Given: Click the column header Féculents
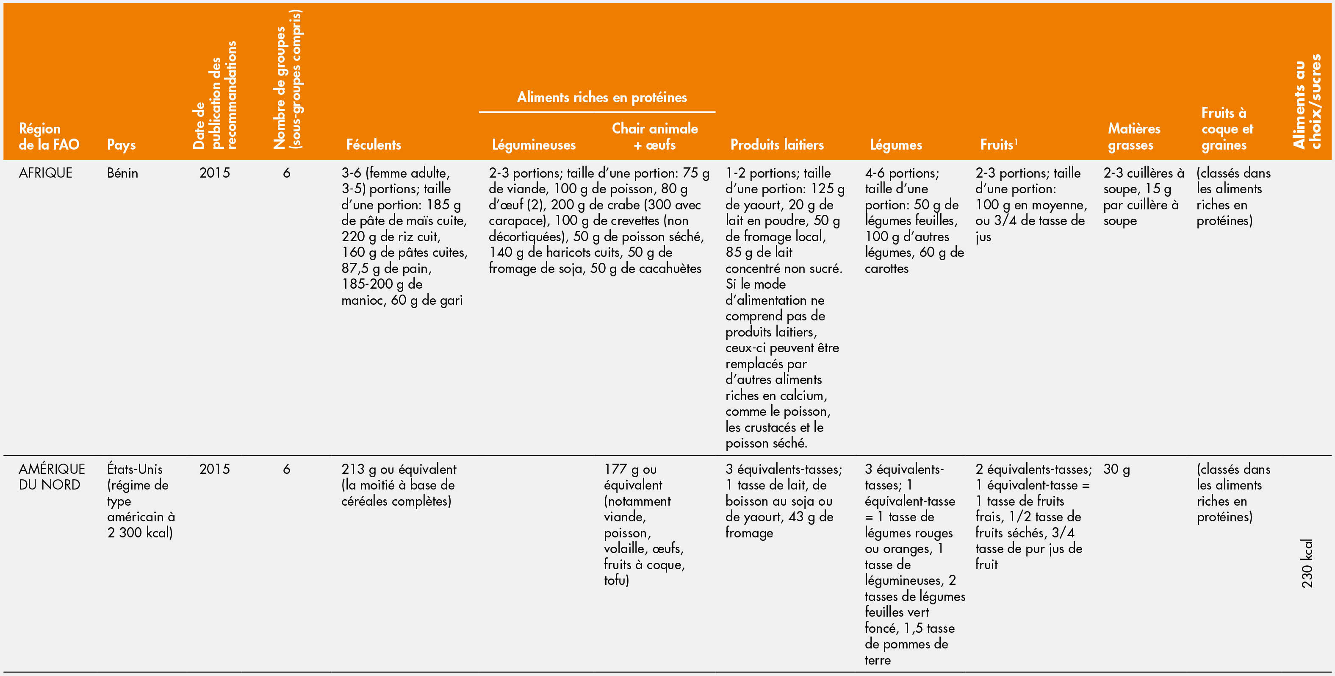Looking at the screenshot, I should coord(373,145).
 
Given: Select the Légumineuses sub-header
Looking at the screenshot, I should coord(533,145).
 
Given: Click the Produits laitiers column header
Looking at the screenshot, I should coord(776,145).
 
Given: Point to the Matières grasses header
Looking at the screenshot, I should coord(1133,137).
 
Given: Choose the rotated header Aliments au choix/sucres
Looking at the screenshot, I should coord(1307,101).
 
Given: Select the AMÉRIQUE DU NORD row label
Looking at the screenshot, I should coord(51,477).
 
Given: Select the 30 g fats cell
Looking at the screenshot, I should coord(1116,469).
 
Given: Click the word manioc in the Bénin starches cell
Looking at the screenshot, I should coord(362,300).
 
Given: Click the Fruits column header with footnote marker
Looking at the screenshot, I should coord(998,145).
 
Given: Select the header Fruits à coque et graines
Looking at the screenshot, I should coord(1227,128).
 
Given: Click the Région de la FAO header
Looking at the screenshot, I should coord(49,137).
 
